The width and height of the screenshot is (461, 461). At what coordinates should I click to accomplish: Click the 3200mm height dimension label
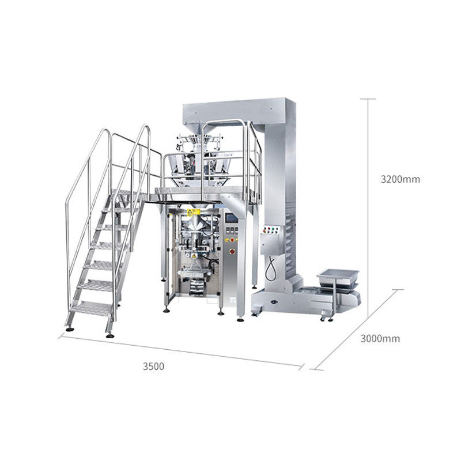400,179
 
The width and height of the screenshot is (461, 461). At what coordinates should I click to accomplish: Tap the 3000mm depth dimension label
380,339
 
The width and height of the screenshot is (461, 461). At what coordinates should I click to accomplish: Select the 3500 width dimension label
153,366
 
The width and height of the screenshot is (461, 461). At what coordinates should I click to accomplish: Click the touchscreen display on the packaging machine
231,218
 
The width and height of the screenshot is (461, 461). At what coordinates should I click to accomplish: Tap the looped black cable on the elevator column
270,268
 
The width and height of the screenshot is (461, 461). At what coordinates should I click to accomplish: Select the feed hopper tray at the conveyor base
338,277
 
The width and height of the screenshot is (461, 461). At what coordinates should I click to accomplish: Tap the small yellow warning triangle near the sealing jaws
194,256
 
